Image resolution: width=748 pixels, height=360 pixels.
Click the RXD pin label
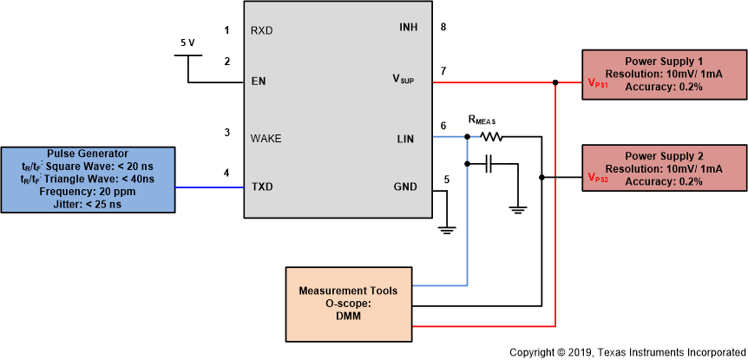click(x=262, y=30)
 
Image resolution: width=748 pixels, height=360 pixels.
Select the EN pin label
click(x=258, y=82)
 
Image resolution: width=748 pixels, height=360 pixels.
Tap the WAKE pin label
click(x=266, y=138)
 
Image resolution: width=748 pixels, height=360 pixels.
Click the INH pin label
click(x=408, y=27)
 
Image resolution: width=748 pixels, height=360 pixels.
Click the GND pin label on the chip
click(x=405, y=187)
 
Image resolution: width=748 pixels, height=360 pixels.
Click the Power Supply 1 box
click(x=664, y=75)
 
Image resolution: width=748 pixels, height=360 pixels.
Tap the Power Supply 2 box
click(x=664, y=168)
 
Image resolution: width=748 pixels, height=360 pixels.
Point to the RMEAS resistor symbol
click(x=491, y=136)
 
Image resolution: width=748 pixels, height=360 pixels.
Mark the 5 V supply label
click(x=187, y=43)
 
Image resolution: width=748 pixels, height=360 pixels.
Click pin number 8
click(x=443, y=27)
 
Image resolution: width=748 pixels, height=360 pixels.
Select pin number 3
click(x=226, y=133)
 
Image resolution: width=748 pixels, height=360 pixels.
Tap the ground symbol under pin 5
click(x=447, y=229)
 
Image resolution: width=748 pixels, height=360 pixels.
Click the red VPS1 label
click(x=599, y=85)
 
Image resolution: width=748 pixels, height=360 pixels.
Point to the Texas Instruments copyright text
click(x=627, y=352)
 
